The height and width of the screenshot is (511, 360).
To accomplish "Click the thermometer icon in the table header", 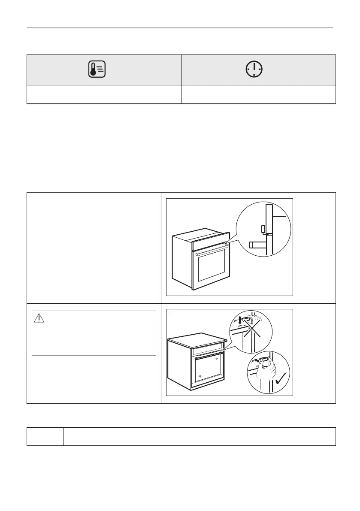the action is (x=97, y=70).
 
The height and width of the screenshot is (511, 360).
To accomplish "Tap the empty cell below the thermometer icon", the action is (x=104, y=94).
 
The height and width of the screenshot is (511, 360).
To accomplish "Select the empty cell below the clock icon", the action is (x=258, y=94).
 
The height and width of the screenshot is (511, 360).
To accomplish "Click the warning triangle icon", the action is (x=39, y=318).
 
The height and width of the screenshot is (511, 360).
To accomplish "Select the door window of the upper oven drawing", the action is (x=211, y=270).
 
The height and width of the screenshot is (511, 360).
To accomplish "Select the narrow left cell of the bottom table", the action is (x=45, y=436).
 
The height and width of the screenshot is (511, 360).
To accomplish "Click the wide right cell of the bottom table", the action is (x=199, y=436).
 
